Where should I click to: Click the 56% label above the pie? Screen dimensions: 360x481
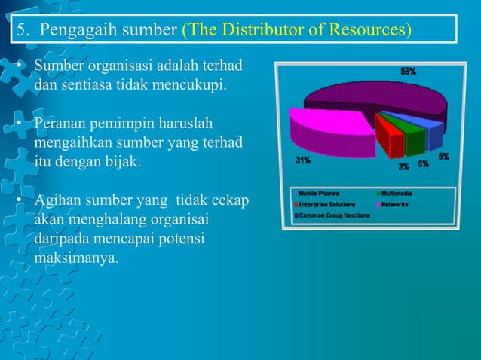pos(408,72)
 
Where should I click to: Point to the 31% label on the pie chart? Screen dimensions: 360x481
pos(302,160)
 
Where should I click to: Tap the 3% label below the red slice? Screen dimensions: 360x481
pos(404,166)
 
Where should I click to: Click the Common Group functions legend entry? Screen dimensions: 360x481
pos(336,215)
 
